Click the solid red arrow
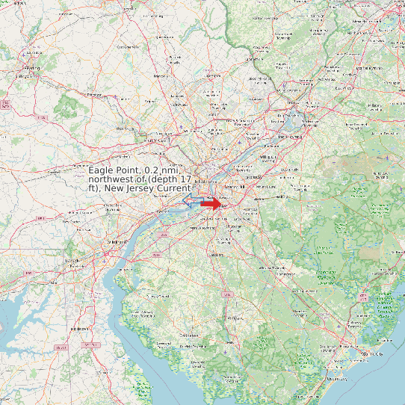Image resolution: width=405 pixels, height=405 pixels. pos(211,203)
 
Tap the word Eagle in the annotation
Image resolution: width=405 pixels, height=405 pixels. pos(102,171)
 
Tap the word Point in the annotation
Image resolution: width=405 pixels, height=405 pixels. pos(131,171)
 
